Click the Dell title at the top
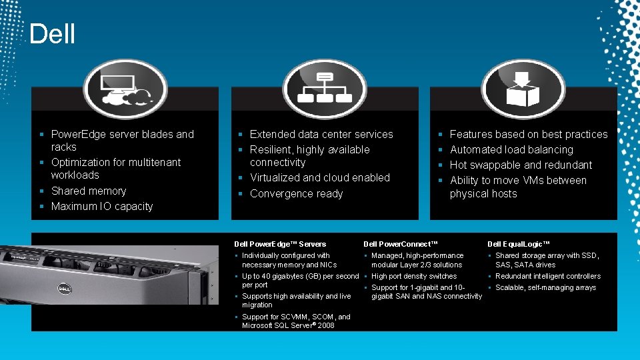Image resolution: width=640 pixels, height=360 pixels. (53, 34)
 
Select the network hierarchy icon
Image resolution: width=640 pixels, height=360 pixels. (324, 89)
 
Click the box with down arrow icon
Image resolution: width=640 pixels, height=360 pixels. (523, 89)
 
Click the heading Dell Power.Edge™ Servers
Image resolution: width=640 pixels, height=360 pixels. (280, 244)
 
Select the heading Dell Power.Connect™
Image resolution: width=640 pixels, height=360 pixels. (401, 244)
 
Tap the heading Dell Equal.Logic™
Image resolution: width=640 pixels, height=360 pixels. (519, 244)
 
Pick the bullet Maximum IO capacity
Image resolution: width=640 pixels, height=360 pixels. (102, 206)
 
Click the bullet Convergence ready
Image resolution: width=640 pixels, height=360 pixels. (296, 193)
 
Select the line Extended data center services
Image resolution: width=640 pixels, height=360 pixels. (321, 134)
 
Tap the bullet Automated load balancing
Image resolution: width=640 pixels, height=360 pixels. (511, 149)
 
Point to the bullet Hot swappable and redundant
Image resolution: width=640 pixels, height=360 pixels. (521, 165)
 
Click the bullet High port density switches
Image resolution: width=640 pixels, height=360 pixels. (413, 276)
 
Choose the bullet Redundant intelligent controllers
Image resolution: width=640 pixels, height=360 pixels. (547, 276)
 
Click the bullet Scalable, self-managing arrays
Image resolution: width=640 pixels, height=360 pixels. (545, 287)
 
